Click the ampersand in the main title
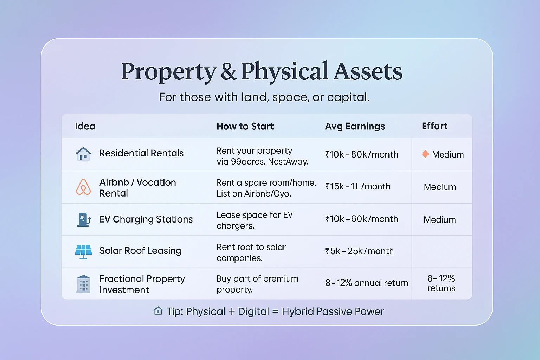point(229,72)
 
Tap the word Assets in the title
point(368,71)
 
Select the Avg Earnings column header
point(355,126)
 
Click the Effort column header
point(435,126)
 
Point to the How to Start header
point(245,126)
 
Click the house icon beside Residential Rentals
point(83,154)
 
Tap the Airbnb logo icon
point(83,187)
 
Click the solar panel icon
point(83,252)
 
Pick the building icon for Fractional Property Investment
point(83,284)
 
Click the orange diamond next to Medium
point(425,154)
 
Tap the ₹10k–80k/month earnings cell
point(362,154)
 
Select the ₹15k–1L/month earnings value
point(358,186)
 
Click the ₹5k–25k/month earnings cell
point(359,251)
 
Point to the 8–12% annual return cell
point(367,283)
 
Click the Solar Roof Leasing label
point(140,251)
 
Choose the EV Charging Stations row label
point(146,219)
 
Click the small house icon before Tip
point(158,311)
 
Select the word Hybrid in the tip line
point(298,311)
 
